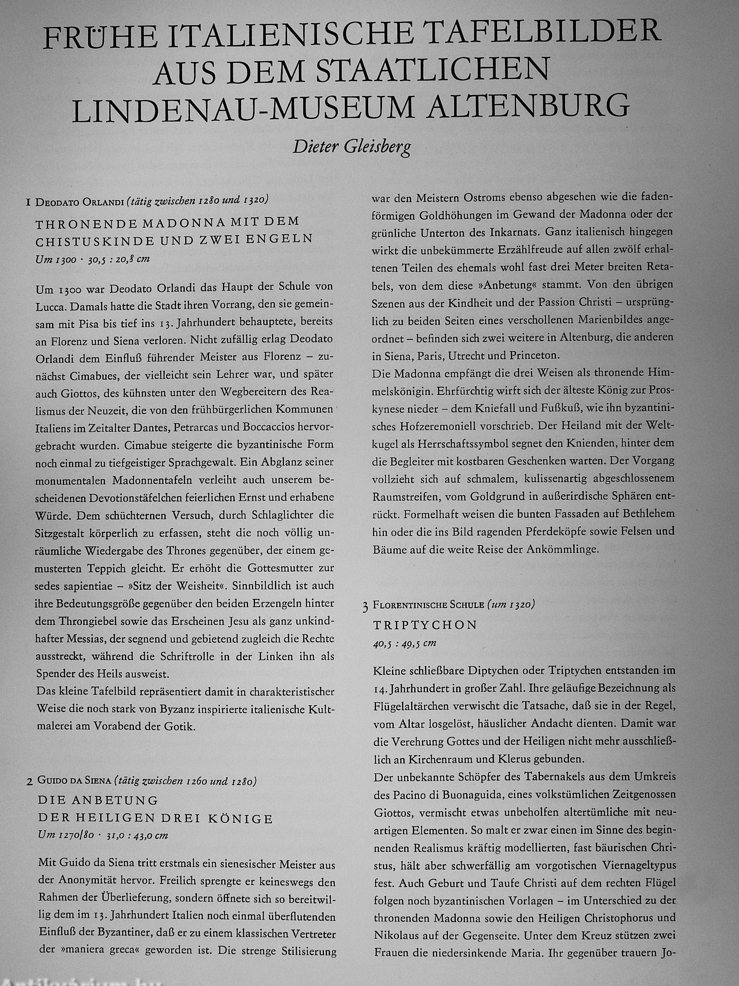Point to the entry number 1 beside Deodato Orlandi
[29, 202]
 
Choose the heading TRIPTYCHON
[425, 625]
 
